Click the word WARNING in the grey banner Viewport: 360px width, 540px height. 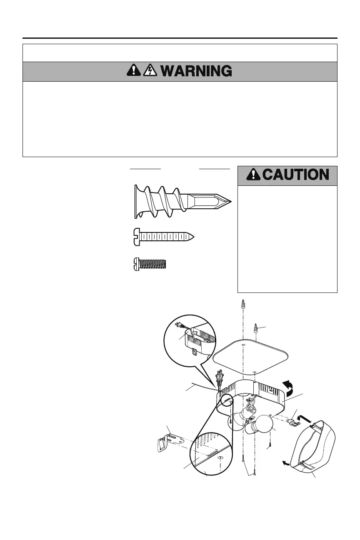point(196,71)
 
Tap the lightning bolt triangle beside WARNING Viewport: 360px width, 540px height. point(149,71)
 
